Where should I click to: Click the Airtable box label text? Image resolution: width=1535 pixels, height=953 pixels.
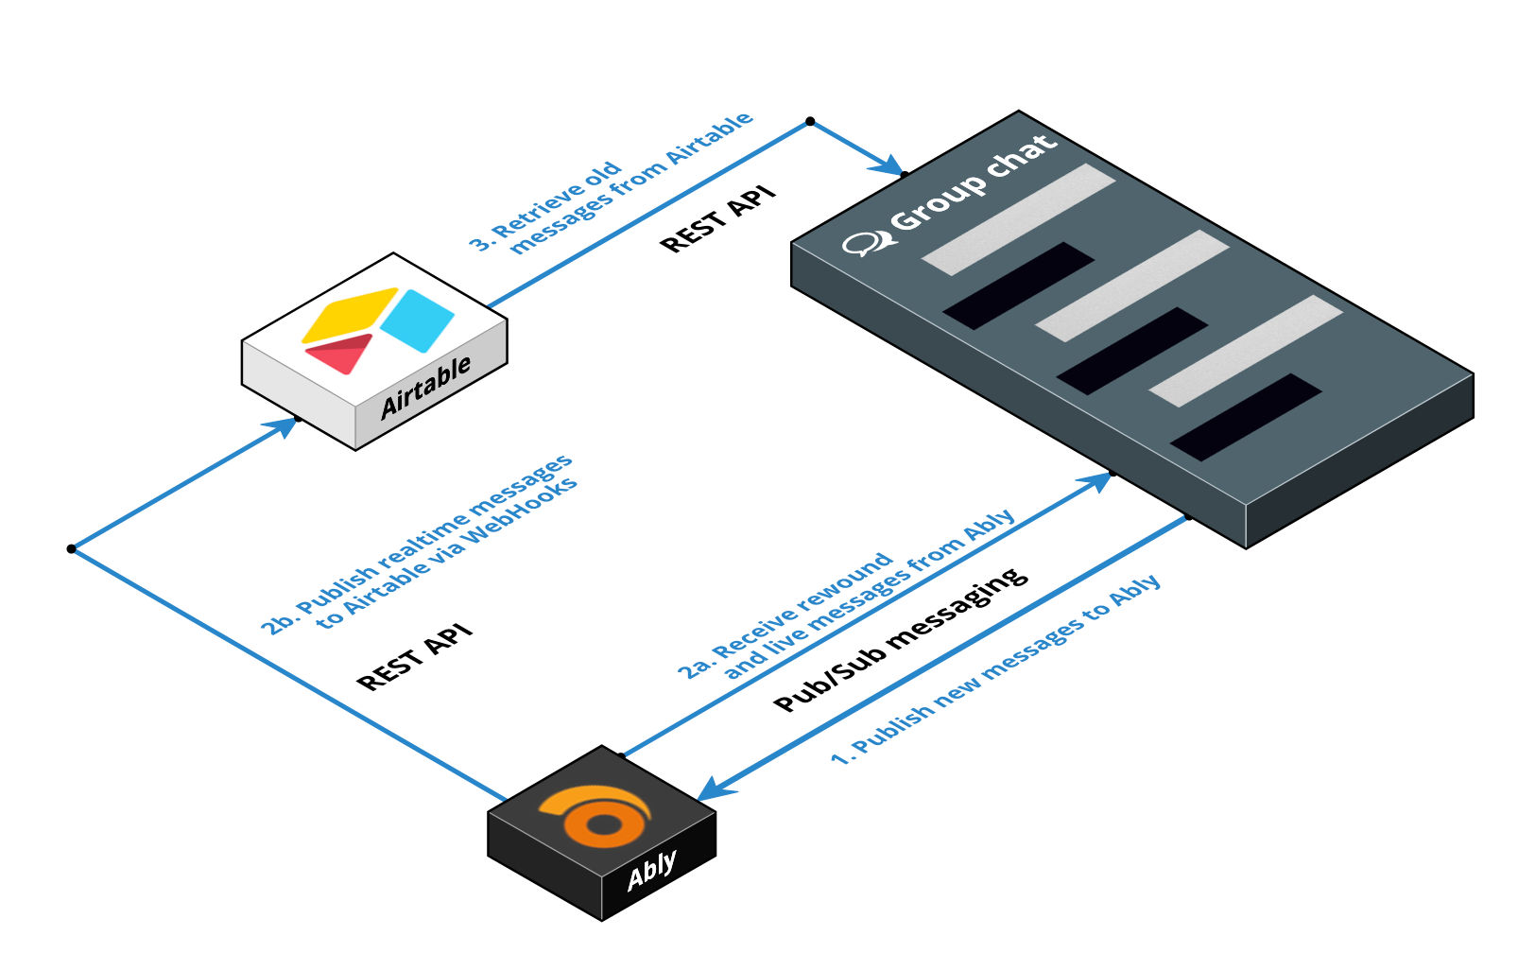[425, 388]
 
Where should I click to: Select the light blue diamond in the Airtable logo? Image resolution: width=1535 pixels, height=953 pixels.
[417, 320]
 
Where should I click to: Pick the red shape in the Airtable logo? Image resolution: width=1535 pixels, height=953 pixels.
[338, 354]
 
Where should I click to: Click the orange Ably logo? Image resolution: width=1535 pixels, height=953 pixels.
[596, 816]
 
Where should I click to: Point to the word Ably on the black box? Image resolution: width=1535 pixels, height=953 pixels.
[652, 870]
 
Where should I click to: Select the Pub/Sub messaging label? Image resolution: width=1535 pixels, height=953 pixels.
[900, 639]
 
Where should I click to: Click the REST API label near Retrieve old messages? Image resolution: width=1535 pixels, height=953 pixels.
[717, 220]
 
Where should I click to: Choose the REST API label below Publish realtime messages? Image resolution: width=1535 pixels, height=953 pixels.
[414, 657]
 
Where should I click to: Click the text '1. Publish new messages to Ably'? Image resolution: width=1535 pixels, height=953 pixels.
[995, 669]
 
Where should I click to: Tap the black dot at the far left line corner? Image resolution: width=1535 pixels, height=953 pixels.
[71, 548]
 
